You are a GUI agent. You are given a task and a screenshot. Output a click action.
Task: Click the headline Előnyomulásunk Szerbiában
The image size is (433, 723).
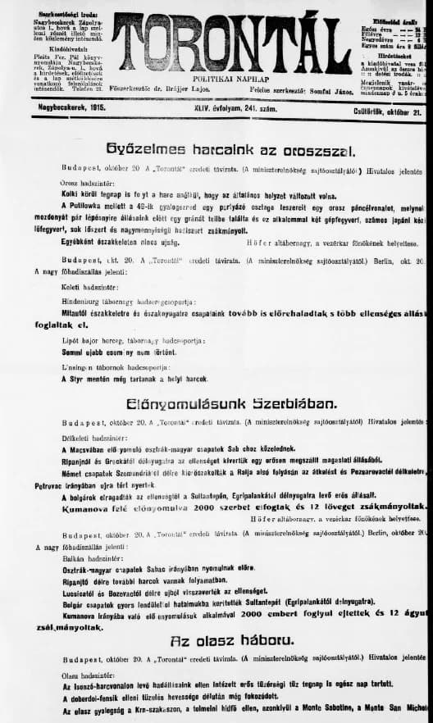point(232,403)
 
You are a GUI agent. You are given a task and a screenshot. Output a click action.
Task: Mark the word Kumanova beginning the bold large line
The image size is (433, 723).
point(88,509)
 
